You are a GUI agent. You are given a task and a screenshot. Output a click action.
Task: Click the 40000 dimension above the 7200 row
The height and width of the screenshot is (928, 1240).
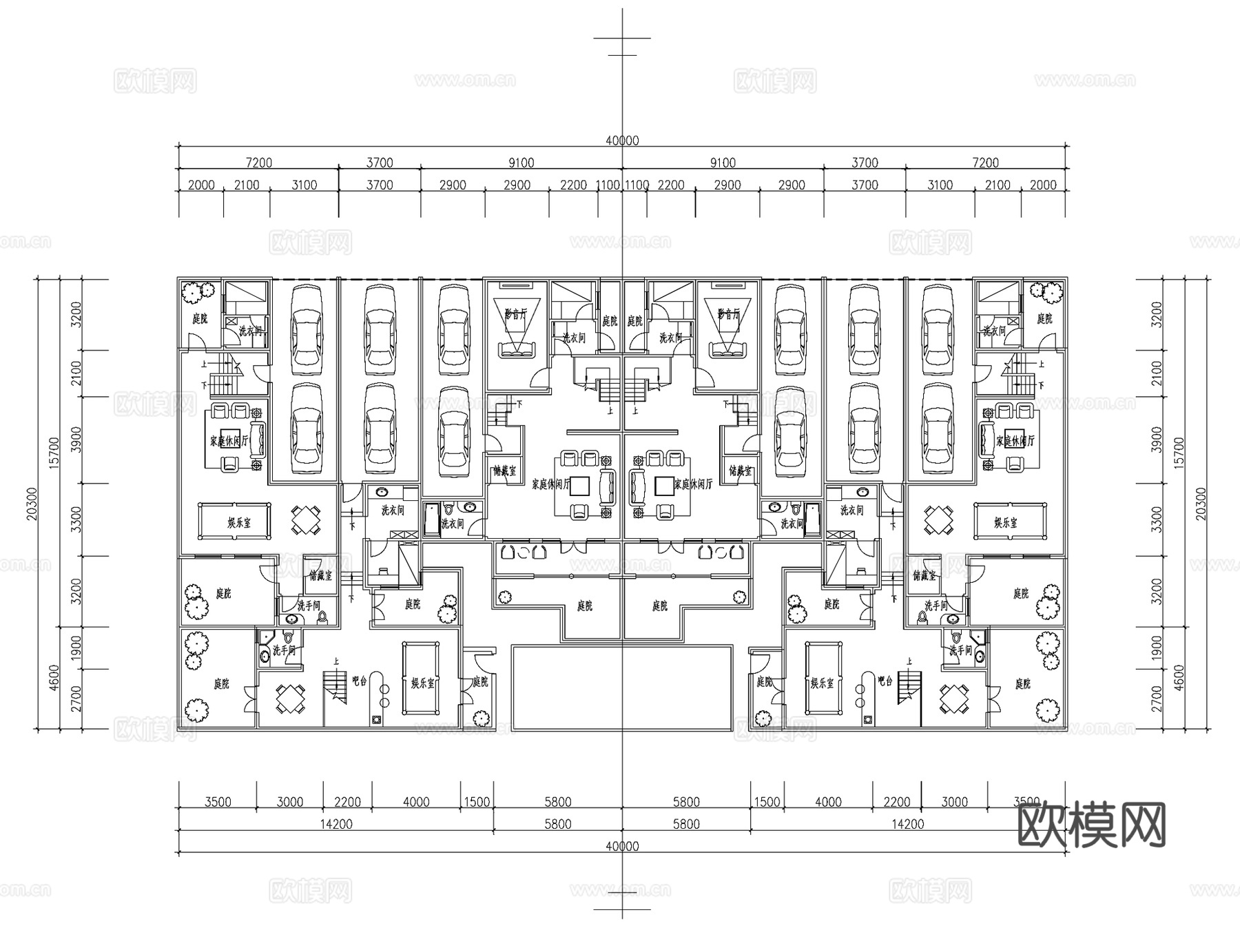[x=622, y=141]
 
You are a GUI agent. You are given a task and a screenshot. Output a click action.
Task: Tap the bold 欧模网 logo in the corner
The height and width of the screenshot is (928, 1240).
[x=1091, y=825]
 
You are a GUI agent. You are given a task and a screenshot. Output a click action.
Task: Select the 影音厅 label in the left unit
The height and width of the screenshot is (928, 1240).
[x=515, y=314]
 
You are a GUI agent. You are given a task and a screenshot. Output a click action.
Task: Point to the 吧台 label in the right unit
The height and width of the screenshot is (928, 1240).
[x=885, y=681]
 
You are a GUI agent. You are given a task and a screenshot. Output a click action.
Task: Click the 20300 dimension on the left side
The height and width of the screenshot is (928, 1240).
[x=31, y=504]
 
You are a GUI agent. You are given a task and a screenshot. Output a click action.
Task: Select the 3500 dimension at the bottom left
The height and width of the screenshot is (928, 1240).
[x=218, y=802]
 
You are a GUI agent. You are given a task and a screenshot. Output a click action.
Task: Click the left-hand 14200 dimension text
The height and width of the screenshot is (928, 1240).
[x=336, y=824]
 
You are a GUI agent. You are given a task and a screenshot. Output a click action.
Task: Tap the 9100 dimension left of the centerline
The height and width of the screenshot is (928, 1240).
[x=521, y=163]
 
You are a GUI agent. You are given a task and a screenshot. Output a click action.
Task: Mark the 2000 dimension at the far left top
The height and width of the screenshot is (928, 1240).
[x=200, y=185]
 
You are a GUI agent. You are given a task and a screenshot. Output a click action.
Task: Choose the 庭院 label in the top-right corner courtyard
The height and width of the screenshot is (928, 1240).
[x=1044, y=318]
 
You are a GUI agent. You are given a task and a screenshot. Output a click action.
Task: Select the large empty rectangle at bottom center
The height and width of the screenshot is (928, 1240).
[x=621, y=687]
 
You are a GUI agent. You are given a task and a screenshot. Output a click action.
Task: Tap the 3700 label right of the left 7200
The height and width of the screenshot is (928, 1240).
[x=380, y=163]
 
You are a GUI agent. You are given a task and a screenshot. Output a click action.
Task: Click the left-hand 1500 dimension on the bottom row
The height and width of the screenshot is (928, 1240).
[x=477, y=802]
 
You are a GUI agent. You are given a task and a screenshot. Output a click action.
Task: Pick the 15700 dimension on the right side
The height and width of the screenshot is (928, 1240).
[x=1179, y=452]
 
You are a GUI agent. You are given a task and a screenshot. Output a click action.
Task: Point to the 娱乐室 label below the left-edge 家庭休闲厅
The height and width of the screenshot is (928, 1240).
[x=239, y=523]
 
